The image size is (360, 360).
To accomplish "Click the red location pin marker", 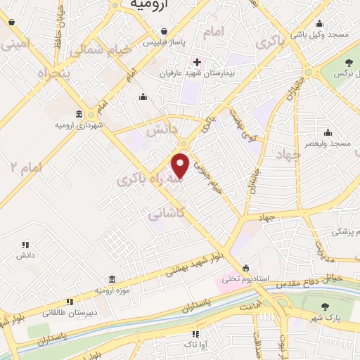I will click(x=181, y=165).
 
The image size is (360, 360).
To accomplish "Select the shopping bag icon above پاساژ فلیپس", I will click(x=164, y=32).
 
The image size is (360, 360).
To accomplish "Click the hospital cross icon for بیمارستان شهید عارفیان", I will click(x=197, y=62).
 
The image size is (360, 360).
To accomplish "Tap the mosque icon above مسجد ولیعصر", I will click(x=328, y=132).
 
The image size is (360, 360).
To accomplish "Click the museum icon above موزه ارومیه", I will click(x=112, y=279).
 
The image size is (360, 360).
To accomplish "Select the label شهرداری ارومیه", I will click(x=79, y=125).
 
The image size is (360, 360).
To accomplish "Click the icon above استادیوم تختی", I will click(x=245, y=268).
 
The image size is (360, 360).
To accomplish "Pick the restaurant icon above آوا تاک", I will click(x=195, y=333).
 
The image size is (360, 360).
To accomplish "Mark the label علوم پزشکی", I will click(x=345, y=231).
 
